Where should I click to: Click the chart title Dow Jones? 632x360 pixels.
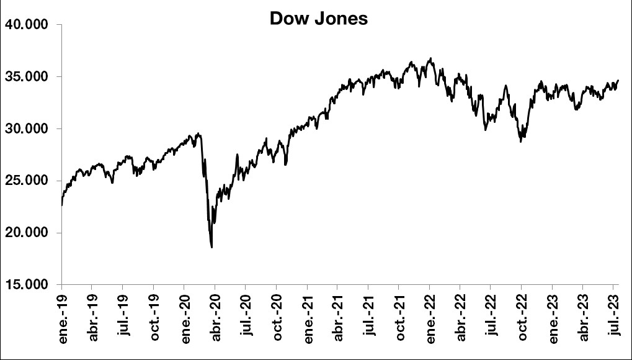318,19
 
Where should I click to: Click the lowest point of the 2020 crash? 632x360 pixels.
212,247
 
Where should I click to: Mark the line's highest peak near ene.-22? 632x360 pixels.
430,58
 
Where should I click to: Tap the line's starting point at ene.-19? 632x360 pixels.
62,204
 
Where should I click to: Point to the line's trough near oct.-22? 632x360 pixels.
520,142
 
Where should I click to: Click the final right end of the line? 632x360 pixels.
618,80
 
